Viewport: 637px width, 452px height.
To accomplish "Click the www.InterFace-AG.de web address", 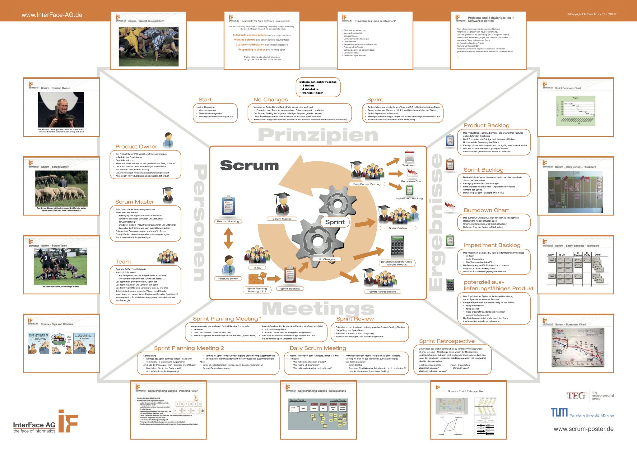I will pos(52,15).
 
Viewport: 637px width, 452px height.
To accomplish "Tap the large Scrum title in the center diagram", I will pos(249,165).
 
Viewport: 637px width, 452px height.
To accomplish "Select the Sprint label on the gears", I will pos(335,222).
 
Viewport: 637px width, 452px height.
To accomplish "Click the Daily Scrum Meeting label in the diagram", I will pos(367,184).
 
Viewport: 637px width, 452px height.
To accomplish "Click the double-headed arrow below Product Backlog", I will pos(228,238).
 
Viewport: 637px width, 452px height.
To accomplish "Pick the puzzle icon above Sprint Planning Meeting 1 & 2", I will pos(257,279).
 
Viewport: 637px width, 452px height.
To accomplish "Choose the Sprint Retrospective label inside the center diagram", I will pos(383,292).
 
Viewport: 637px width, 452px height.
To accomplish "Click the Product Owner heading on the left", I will pos(136,146).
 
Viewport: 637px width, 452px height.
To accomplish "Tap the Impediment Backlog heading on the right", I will pos(492,245).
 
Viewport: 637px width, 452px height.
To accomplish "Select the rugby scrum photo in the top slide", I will pos(149,46).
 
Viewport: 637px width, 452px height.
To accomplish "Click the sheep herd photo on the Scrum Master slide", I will pos(61,189).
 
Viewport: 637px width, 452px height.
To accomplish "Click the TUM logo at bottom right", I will pos(559,413).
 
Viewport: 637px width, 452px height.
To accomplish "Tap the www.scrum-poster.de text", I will pos(584,429).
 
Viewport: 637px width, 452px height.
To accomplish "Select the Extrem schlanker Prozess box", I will pos(318,87).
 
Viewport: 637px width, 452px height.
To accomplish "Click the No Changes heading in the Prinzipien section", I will pos(270,100).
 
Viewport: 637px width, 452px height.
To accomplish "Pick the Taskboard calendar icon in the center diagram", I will pos(409,156).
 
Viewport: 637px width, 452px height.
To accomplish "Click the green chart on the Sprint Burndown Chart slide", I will pos(575,111).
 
